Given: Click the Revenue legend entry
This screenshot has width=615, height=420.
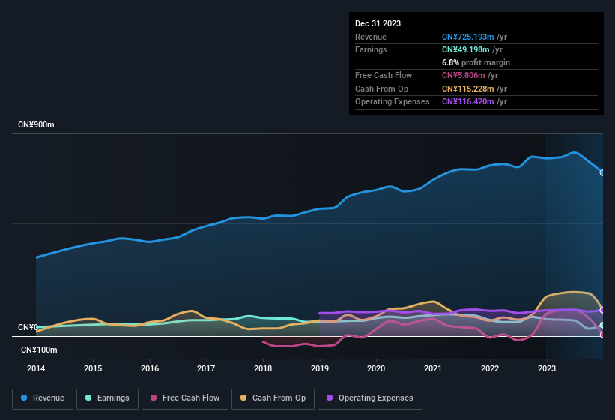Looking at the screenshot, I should click(x=43, y=397).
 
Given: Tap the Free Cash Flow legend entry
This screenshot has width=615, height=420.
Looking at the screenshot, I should click(x=185, y=397).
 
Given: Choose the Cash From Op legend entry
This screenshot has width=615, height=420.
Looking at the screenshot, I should click(x=273, y=397).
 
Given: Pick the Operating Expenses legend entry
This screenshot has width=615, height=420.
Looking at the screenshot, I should click(x=369, y=397).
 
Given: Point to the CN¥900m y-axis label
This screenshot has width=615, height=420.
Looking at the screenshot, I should click(x=36, y=124).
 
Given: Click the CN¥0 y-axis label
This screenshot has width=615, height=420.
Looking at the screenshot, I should click(x=28, y=328).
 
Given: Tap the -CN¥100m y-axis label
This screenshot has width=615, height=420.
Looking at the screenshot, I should click(x=37, y=349).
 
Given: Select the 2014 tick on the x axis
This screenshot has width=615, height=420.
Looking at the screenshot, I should click(x=36, y=368).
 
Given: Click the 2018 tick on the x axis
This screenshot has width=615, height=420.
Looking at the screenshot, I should click(x=263, y=368).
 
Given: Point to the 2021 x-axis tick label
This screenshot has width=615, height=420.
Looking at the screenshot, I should click(x=433, y=368).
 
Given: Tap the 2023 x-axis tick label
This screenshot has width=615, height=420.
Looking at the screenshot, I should click(x=547, y=368).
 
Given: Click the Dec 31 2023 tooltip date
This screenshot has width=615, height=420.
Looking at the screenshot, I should click(x=378, y=23).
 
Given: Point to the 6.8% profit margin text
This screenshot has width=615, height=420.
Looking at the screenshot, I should click(x=476, y=62).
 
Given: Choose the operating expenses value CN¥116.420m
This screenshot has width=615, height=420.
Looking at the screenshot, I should click(x=474, y=101).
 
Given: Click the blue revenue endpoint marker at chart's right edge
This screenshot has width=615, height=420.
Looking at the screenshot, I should click(x=602, y=172).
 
